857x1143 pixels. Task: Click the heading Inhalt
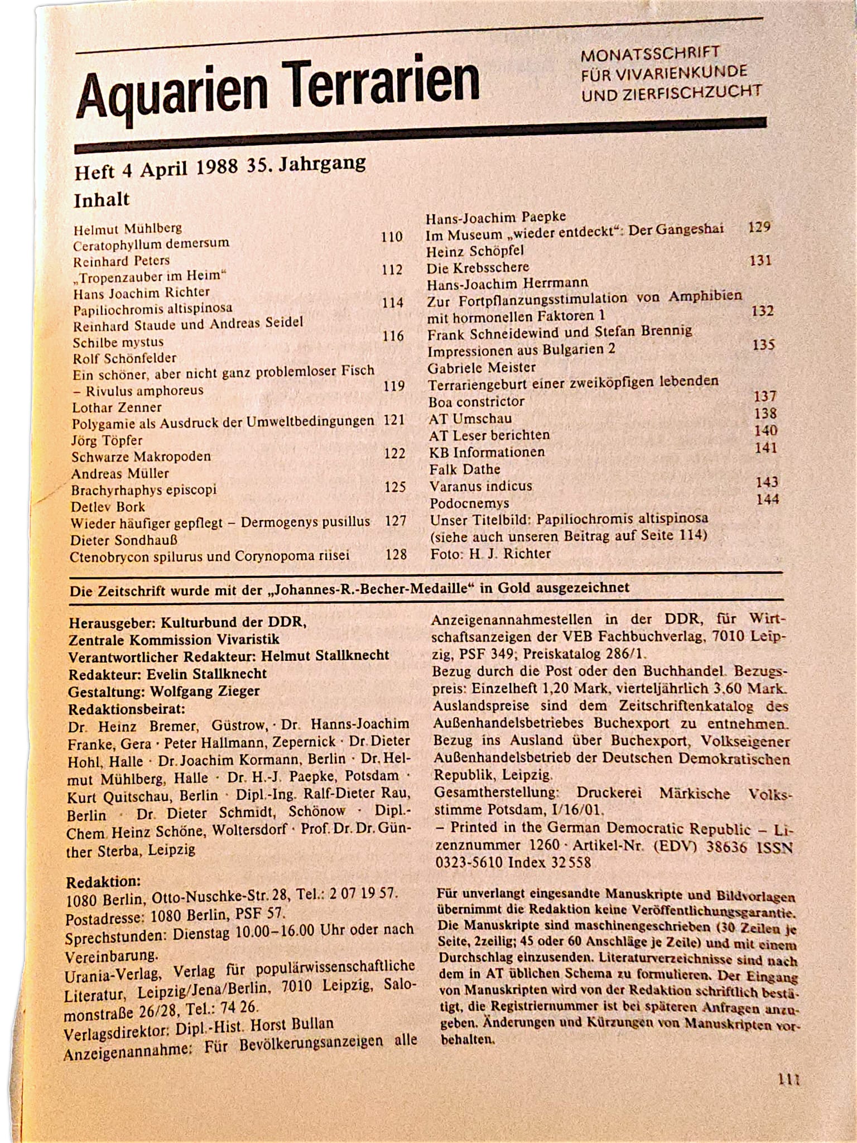[x=102, y=200]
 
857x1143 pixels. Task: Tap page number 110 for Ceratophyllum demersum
[x=392, y=237]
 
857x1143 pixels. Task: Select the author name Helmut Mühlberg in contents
[x=128, y=228]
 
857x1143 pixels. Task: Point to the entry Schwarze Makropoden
[x=141, y=457]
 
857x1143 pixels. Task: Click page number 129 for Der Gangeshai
[x=759, y=228]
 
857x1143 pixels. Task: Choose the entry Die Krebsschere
[x=478, y=267]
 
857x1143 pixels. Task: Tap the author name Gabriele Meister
[x=482, y=368]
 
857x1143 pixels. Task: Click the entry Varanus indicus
[x=480, y=486]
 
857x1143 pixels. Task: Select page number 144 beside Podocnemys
[x=767, y=500]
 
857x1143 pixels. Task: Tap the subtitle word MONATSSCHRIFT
[x=650, y=54]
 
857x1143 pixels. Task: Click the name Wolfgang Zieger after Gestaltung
[x=205, y=691]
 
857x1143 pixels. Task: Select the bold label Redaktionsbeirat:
[x=126, y=709]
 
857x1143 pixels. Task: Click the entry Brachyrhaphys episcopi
[x=143, y=490]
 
